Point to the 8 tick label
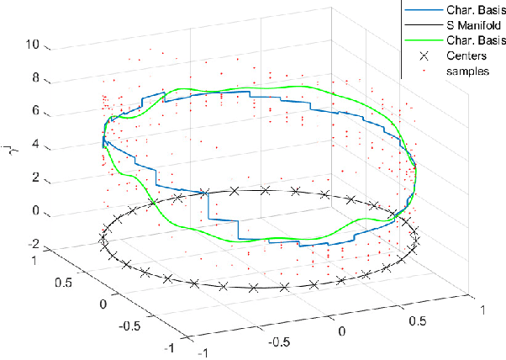tap(36, 79)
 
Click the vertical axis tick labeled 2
tap(36, 178)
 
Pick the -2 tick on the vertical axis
tap(34, 244)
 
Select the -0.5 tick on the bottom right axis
tap(281, 343)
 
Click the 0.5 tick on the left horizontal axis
tap(63, 281)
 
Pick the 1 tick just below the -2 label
tap(34, 261)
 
